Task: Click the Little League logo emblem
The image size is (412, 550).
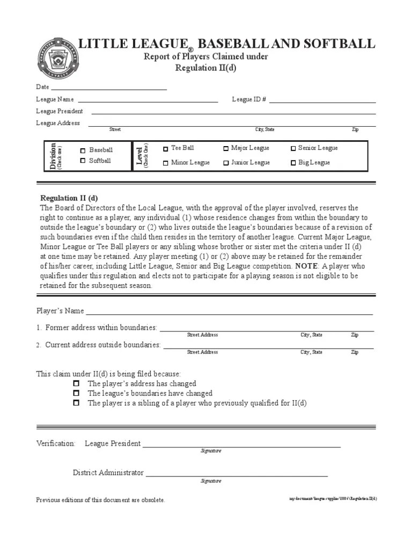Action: [x=56, y=59]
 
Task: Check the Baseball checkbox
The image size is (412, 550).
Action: [x=83, y=150]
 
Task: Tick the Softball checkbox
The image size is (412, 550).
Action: [x=83, y=160]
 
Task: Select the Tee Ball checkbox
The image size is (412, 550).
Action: [x=166, y=149]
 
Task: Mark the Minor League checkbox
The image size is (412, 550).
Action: [x=166, y=163]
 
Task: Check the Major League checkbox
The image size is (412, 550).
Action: [x=226, y=148]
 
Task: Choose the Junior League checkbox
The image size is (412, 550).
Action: [x=226, y=163]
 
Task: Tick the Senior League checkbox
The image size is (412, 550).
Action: [x=293, y=148]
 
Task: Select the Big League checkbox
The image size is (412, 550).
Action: [x=293, y=163]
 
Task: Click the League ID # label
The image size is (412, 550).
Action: [x=249, y=99]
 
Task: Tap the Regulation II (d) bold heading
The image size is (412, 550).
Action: [x=69, y=198]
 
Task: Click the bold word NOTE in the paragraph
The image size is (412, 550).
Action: [x=304, y=266]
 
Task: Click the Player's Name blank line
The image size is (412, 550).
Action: [x=229, y=312]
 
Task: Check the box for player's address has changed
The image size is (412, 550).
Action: [x=76, y=383]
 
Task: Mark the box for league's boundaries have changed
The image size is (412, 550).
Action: [x=76, y=393]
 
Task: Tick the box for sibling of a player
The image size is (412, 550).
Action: [x=76, y=402]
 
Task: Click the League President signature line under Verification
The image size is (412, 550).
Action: [x=241, y=445]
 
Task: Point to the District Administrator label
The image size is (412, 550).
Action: [x=108, y=473]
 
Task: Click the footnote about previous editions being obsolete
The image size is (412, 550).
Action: [x=100, y=500]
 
